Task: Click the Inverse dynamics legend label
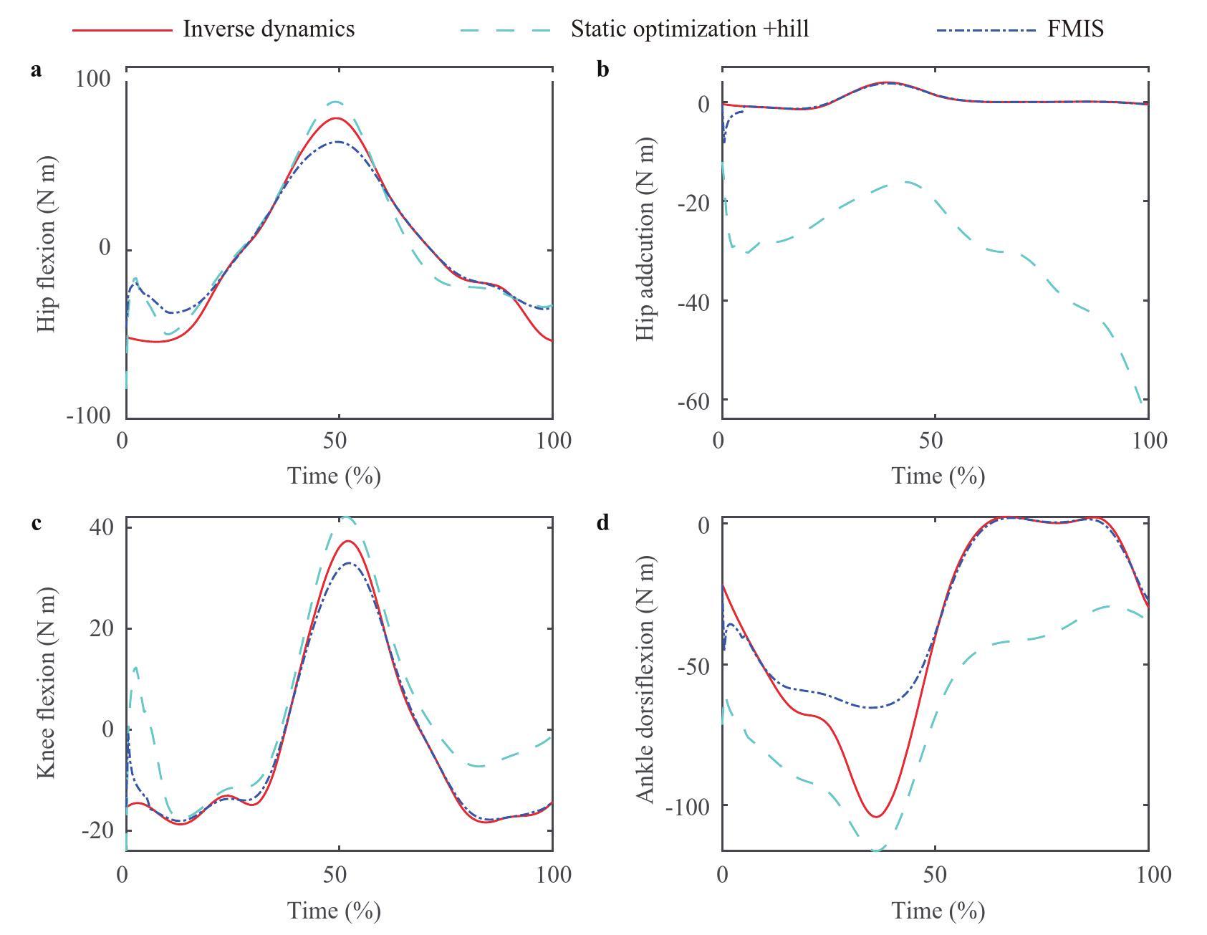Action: (x=269, y=29)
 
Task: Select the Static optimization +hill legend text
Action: (x=689, y=29)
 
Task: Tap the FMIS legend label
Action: (x=1075, y=29)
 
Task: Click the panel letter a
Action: (x=37, y=70)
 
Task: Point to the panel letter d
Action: (x=602, y=523)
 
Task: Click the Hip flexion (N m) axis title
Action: (x=45, y=244)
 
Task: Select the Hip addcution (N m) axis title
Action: (x=645, y=239)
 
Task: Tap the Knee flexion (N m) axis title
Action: (x=45, y=683)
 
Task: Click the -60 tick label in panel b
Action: (x=692, y=401)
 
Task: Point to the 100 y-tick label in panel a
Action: (x=93, y=79)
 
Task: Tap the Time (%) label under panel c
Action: (x=334, y=911)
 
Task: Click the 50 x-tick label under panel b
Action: (x=931, y=440)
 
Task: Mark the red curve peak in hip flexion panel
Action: (x=336, y=118)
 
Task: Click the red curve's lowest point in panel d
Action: (x=876, y=817)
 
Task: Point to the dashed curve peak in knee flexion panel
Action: (x=346, y=517)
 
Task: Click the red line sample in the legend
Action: (x=122, y=30)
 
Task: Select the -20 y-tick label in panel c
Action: (x=97, y=831)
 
